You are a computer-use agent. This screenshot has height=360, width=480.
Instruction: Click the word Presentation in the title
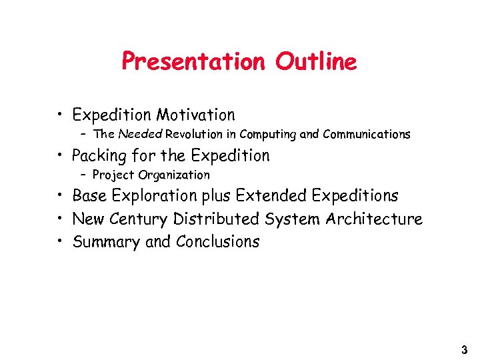tap(193, 62)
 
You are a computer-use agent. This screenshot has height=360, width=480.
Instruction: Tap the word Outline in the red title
tap(316, 62)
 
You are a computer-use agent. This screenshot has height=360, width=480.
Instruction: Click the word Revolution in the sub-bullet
tap(193, 135)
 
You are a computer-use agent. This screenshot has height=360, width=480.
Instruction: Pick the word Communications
tap(366, 135)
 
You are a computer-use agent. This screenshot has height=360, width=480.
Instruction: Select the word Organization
tap(174, 175)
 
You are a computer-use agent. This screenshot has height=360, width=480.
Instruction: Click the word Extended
tap(273, 196)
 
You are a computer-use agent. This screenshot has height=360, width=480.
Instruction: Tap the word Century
tap(139, 219)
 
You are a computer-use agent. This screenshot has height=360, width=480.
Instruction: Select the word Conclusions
tap(217, 241)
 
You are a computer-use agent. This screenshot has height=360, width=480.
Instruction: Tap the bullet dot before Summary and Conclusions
tap(61, 241)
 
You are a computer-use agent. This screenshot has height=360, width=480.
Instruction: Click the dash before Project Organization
tap(84, 175)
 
